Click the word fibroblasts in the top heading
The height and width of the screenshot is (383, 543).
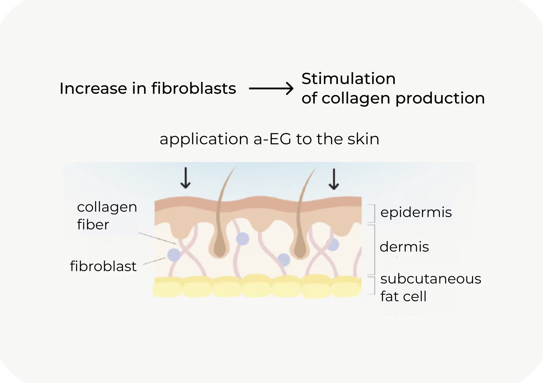[x=194, y=88]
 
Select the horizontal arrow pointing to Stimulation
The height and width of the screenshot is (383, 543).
[x=271, y=88]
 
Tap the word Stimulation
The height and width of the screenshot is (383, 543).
[x=348, y=79]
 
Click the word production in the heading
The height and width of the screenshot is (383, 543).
[x=440, y=98]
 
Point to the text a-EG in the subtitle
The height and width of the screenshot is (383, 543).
[x=272, y=139]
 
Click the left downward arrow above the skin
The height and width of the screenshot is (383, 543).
[x=185, y=179]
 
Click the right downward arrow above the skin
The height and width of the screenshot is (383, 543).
[x=334, y=179]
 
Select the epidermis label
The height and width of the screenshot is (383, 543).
[x=416, y=212]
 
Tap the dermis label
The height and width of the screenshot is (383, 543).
[x=404, y=247]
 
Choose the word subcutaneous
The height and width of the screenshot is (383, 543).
[x=431, y=279]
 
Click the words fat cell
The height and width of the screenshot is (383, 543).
[x=403, y=297]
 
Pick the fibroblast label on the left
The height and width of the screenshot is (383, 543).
[x=103, y=266]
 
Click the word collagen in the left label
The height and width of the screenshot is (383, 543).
[x=107, y=207]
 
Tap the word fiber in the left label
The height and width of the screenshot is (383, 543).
[x=93, y=225]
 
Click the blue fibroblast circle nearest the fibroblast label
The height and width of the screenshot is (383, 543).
[x=174, y=255]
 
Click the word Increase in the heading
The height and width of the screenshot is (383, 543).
[x=93, y=88]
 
